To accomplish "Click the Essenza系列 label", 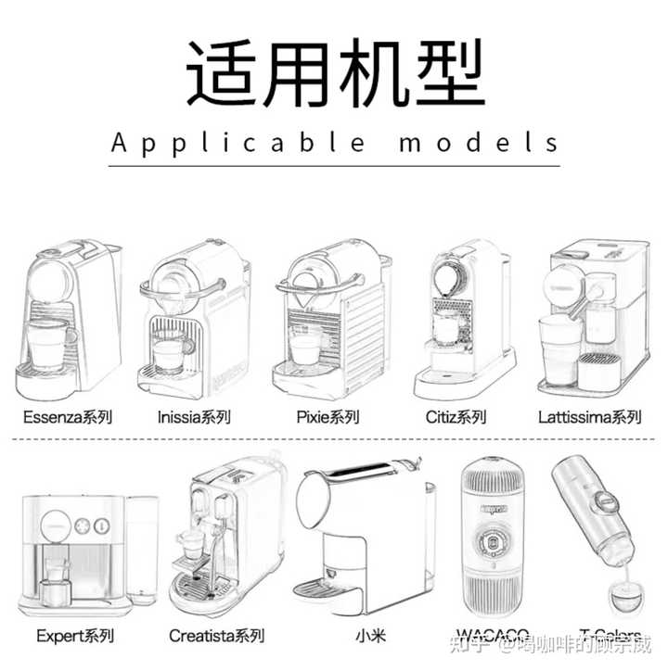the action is [x=68, y=417].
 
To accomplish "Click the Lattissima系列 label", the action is [x=588, y=417].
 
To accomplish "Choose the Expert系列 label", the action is [x=74, y=636].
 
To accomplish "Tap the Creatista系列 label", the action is [x=216, y=636].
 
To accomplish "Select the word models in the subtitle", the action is [x=480, y=144].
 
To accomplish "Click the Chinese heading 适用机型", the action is [x=335, y=73].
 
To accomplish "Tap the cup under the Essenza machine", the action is [x=51, y=344].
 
